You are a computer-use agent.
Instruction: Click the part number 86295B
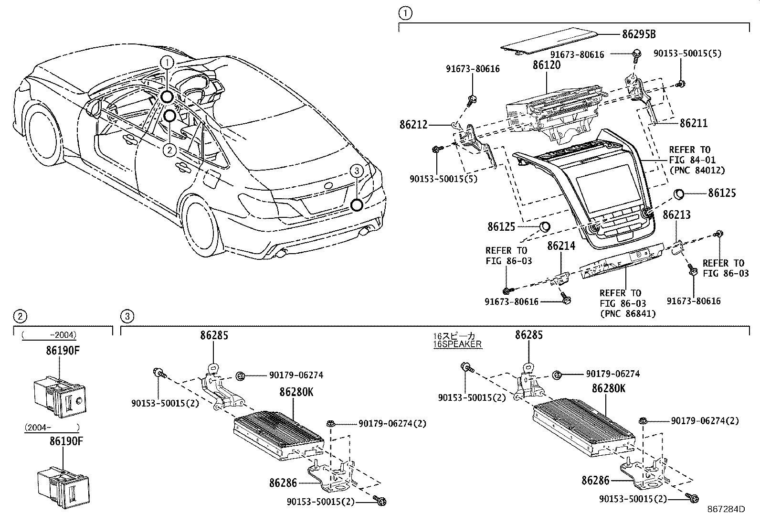[x=639, y=34]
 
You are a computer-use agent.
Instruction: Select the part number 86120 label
[x=547, y=65]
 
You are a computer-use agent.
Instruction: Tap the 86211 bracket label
[x=693, y=123]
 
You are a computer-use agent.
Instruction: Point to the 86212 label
[x=413, y=125]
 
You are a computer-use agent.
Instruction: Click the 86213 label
[x=676, y=215]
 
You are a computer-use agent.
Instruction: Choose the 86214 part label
[x=561, y=246]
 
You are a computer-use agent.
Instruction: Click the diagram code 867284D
[x=726, y=509]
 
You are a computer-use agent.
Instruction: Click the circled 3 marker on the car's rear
[x=356, y=170]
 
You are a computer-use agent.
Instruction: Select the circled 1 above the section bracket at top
[x=404, y=13]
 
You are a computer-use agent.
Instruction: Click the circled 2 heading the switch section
[x=19, y=316]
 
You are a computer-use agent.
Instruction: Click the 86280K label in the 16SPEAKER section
[x=608, y=388]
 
